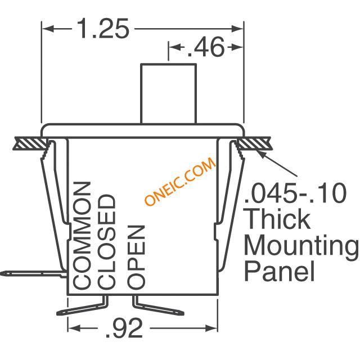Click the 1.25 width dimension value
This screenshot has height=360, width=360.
(103, 29)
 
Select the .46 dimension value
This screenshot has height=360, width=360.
(205, 47)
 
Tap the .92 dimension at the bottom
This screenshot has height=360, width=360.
(124, 328)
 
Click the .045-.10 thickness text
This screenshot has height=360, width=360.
(295, 193)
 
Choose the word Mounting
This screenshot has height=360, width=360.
(301, 247)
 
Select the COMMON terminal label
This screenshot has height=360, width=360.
(82, 235)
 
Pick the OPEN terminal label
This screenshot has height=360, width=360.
(136, 256)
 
